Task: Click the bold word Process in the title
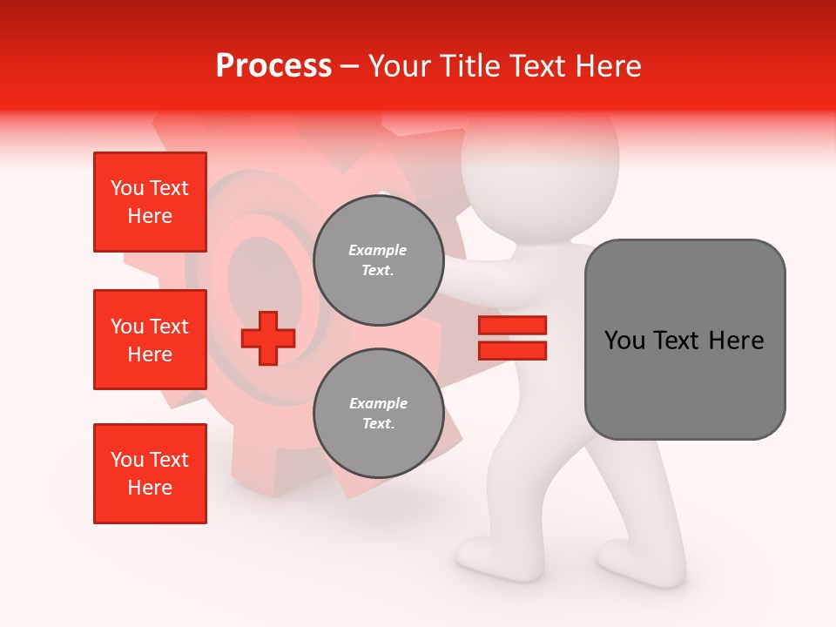(x=273, y=66)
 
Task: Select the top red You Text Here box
(x=150, y=202)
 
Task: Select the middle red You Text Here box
(x=150, y=340)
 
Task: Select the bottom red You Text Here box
(x=150, y=474)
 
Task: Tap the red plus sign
(x=268, y=339)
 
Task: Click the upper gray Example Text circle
(x=378, y=260)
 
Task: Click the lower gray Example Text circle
(x=378, y=413)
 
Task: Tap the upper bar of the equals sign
(x=512, y=326)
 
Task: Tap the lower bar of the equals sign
(x=512, y=351)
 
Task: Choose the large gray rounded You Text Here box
(x=684, y=340)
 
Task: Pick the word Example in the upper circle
(x=378, y=250)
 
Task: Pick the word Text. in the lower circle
(x=378, y=423)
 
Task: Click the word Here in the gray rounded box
(x=735, y=340)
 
